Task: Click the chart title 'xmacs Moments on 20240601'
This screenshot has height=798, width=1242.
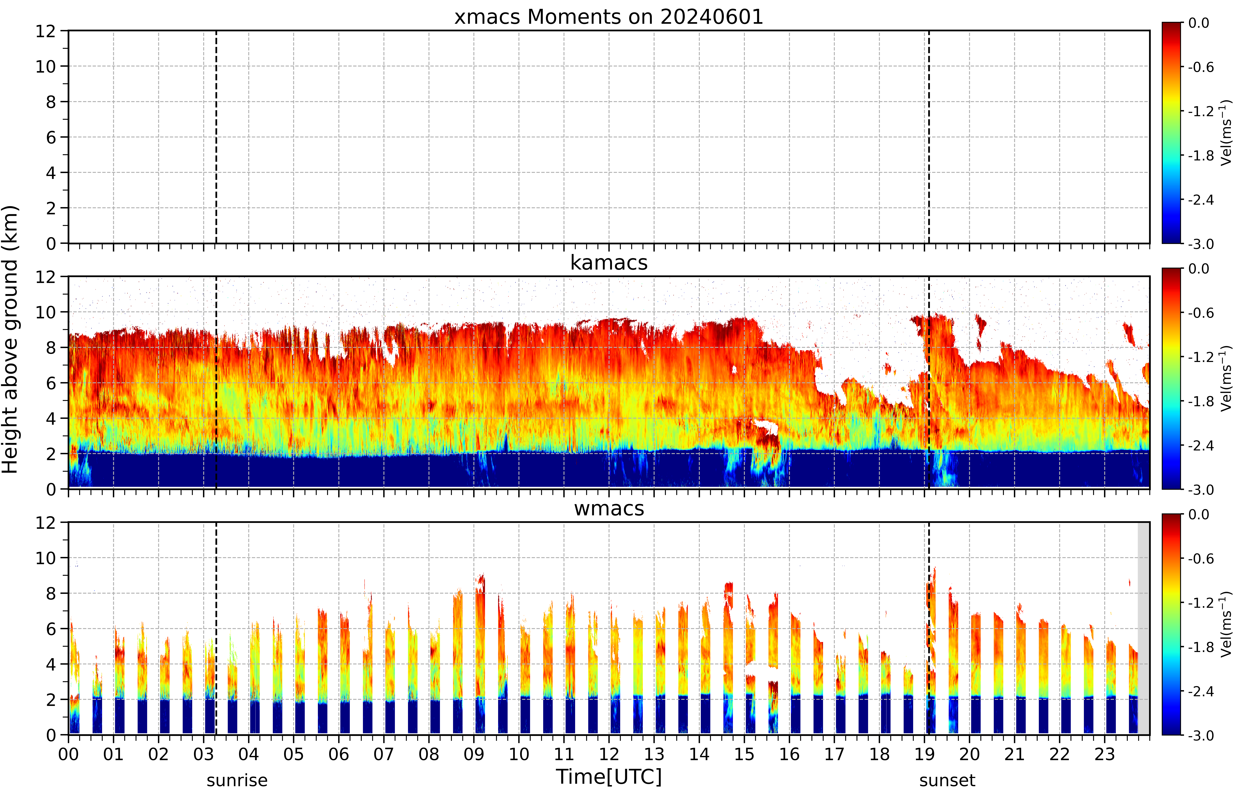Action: click(x=609, y=17)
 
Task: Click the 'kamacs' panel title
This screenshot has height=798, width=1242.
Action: click(x=609, y=263)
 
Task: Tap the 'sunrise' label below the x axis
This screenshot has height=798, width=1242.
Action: click(x=237, y=780)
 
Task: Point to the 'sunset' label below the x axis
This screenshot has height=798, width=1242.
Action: click(x=947, y=780)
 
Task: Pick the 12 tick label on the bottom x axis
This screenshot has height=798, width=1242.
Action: click(x=609, y=754)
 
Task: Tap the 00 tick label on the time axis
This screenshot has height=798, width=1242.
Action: click(x=68, y=754)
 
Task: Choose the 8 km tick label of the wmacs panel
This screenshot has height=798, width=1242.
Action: click(x=51, y=593)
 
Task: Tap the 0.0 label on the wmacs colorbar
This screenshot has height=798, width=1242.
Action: click(x=1198, y=515)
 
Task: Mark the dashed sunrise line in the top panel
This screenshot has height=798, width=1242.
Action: click(x=216, y=137)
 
